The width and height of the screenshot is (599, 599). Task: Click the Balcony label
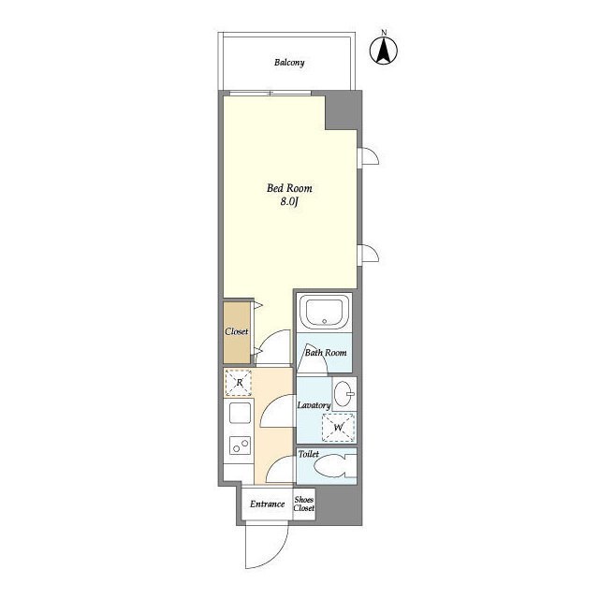[x=289, y=63]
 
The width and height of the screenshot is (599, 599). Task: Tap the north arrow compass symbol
[x=384, y=50]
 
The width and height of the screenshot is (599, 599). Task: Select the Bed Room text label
[x=289, y=188]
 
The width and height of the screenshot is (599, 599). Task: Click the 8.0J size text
[x=289, y=202]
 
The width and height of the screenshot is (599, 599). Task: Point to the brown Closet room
[x=237, y=333]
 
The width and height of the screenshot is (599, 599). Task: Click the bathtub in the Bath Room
[x=324, y=313]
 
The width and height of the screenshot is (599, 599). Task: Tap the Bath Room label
[x=326, y=353]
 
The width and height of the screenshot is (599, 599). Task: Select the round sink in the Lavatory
[x=344, y=394]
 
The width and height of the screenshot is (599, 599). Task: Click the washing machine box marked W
[x=338, y=427]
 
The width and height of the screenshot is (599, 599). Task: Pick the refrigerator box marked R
[x=239, y=383]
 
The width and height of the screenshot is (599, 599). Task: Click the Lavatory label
[x=314, y=405]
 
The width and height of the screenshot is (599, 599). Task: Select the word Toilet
[x=308, y=454]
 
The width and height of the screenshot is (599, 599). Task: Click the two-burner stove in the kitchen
[x=241, y=446]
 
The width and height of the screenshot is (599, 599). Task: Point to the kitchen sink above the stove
[x=240, y=413]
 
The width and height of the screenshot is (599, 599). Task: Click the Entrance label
[x=268, y=504]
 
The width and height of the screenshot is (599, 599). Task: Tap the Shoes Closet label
[x=304, y=504]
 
